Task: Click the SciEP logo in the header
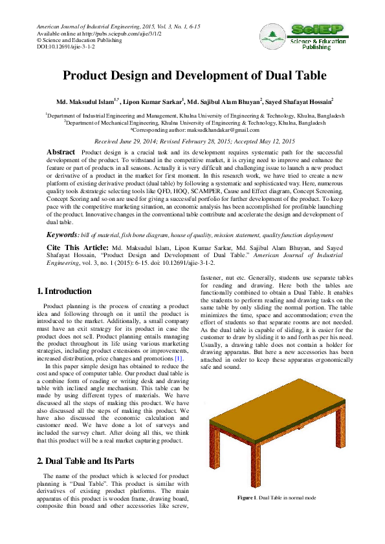pyautogui.click(x=303, y=37)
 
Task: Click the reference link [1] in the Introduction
pyautogui.click(x=177, y=358)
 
